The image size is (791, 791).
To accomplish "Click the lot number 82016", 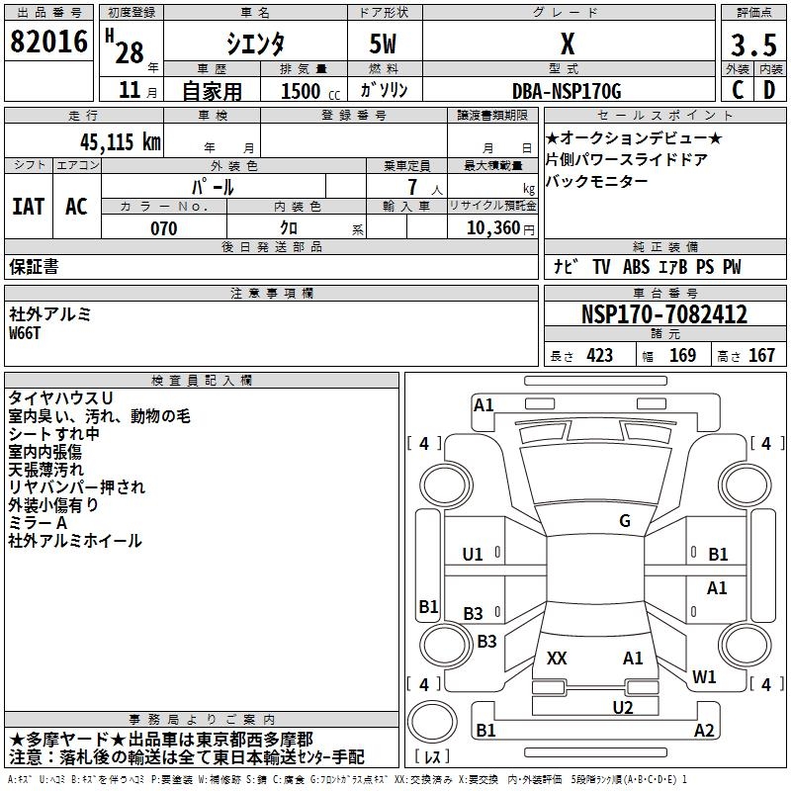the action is (49, 44).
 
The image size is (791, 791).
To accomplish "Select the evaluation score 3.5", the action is (752, 45).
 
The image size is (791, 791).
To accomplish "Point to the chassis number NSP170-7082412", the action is (663, 315).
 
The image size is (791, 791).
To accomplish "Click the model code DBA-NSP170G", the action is (567, 91).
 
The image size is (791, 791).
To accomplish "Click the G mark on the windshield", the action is (624, 521).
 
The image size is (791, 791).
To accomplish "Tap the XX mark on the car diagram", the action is (557, 658).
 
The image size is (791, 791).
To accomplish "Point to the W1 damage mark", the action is (704, 677).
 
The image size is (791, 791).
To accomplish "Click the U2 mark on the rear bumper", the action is (622, 707).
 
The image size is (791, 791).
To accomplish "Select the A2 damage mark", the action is (703, 731).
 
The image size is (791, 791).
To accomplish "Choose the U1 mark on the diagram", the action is (473, 555).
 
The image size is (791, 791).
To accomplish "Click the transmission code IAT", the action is (28, 207).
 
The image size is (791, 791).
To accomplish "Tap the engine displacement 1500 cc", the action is (301, 92).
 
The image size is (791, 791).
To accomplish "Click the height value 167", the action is (761, 356).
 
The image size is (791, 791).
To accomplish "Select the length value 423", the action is (599, 356).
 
